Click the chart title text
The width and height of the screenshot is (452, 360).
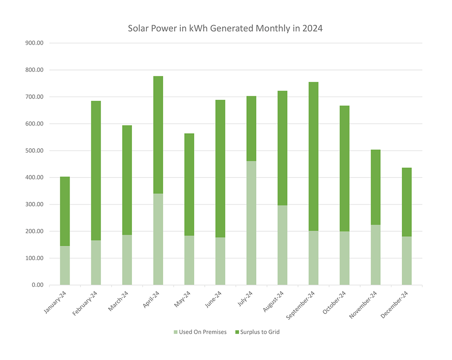point(225,28)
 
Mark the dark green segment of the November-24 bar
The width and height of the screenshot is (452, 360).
point(376,187)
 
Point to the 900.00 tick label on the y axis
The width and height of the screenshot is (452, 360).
point(34,43)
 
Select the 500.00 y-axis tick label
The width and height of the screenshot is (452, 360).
point(34,151)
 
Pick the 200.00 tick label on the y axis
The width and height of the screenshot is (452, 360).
point(34,231)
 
